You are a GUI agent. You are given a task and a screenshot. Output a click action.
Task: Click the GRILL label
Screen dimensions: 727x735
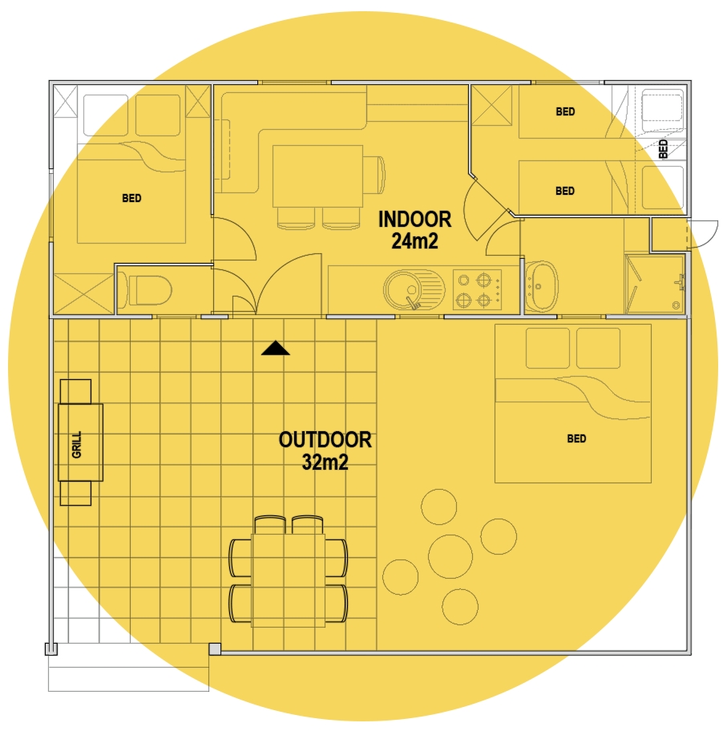[77, 444]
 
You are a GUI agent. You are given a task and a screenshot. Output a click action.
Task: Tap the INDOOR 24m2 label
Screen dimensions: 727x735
[415, 230]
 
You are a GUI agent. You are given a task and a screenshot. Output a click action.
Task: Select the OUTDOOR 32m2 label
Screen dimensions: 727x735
[325, 451]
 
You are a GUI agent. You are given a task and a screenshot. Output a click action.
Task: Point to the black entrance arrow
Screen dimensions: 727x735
[276, 348]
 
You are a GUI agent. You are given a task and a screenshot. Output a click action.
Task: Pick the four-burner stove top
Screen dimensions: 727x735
[477, 289]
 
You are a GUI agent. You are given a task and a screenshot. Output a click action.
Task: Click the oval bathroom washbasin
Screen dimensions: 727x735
[541, 286]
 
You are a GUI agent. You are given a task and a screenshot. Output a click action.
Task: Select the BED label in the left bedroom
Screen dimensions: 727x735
[131, 198]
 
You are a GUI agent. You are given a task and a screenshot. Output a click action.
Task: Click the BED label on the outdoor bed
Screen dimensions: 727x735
[576, 438]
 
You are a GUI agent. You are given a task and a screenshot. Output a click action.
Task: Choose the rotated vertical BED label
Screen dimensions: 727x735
[663, 148]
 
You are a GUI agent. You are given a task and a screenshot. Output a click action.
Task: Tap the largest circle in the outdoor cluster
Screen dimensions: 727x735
[450, 556]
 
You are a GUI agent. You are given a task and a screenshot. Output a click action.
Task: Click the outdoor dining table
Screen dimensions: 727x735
[289, 580]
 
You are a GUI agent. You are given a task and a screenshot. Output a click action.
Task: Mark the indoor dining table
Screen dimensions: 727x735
[317, 176]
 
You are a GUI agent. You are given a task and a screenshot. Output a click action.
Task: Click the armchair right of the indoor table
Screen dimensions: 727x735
[374, 175]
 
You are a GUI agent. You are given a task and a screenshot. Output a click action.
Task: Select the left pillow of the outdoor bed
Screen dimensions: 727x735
[547, 349]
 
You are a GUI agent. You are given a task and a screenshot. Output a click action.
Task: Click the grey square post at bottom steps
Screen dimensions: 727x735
[215, 648]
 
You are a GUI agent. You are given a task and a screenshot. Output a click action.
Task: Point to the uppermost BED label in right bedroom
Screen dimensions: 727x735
[565, 111]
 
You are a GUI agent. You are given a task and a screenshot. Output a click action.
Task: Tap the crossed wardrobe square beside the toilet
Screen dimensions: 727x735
[83, 294]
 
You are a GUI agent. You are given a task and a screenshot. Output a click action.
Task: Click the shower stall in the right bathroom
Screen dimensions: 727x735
[655, 284]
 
